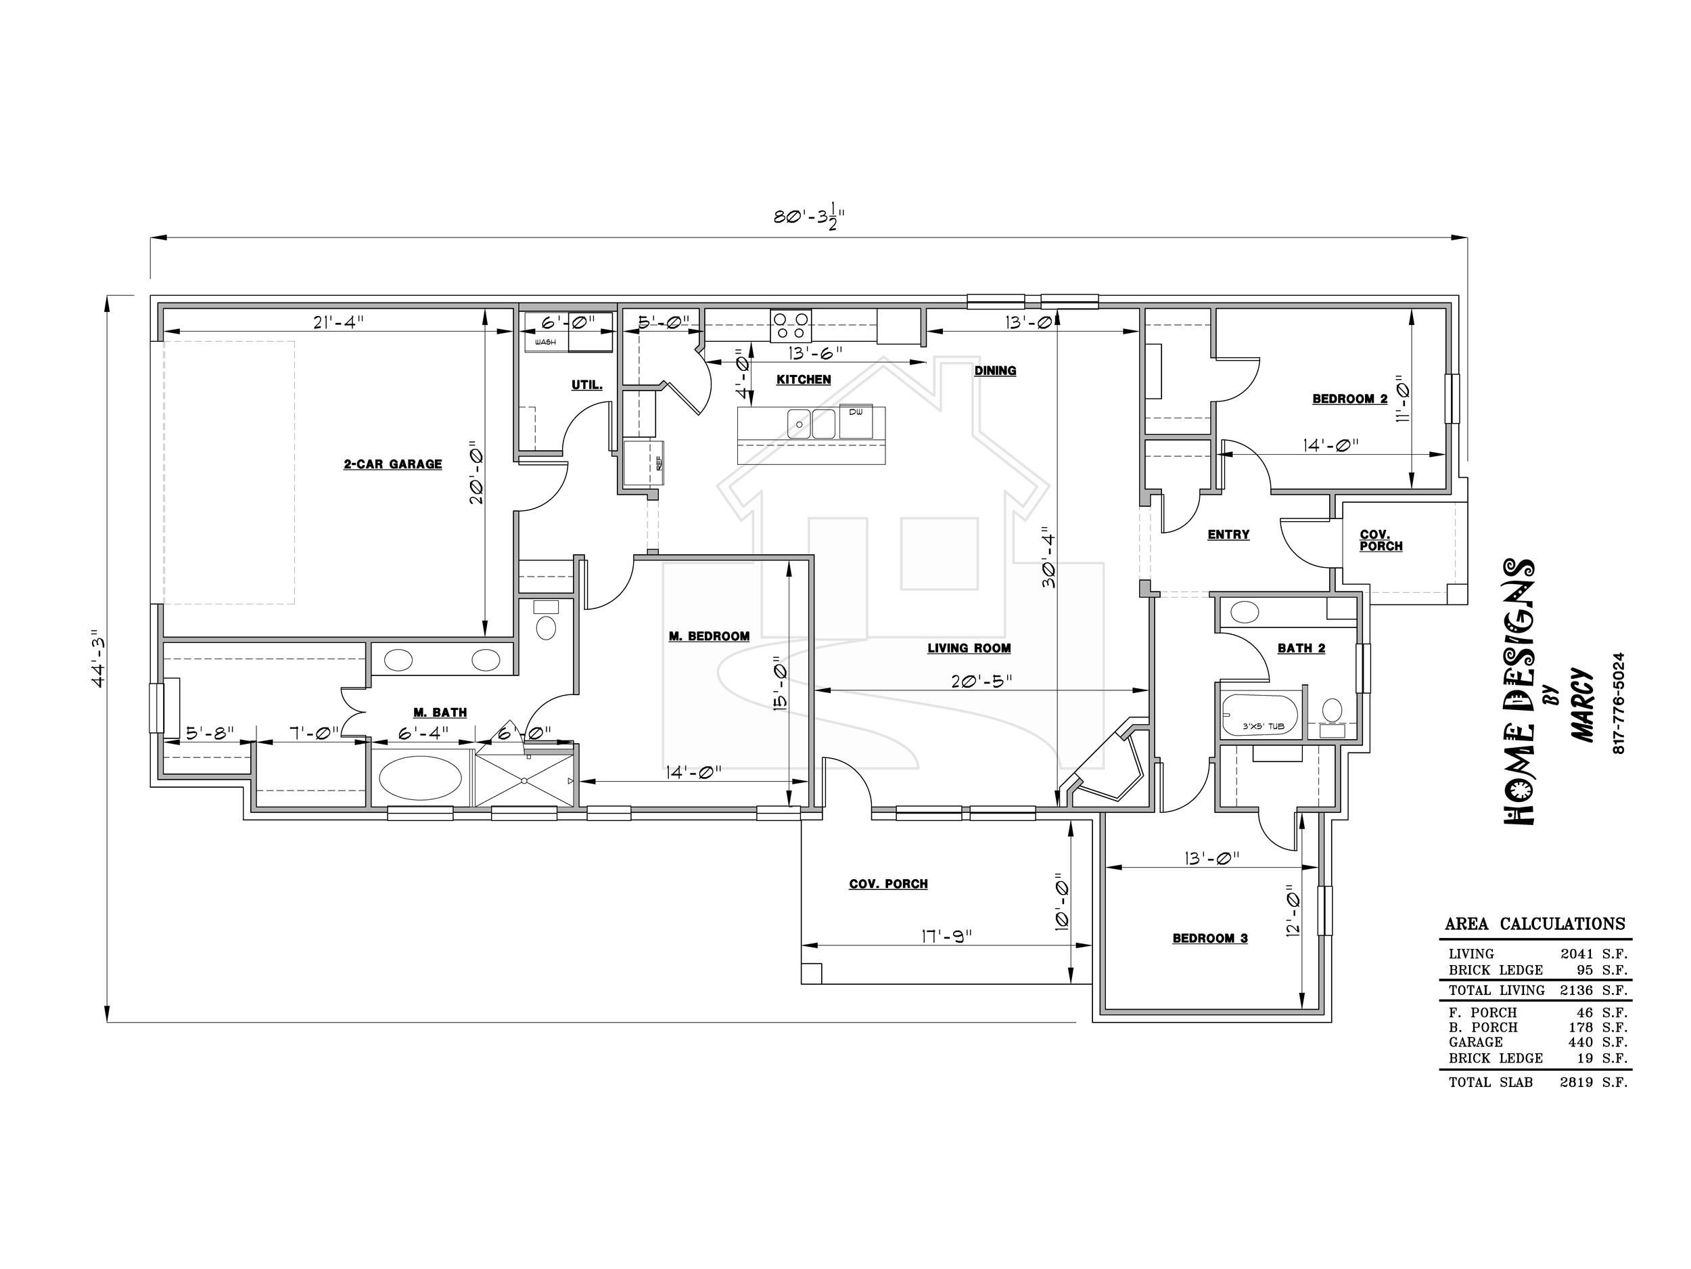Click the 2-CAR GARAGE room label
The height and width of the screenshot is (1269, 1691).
tap(393, 464)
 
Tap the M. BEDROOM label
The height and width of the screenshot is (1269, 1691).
tap(709, 636)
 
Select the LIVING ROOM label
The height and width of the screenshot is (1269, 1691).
tap(969, 648)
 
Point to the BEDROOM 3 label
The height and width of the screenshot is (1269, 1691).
tap(1210, 939)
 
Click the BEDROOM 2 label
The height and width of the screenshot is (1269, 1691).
tap(1350, 399)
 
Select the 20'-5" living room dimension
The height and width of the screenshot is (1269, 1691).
tap(981, 681)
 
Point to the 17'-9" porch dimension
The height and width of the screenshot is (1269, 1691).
tap(946, 936)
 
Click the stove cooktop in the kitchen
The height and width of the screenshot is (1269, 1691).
tap(791, 326)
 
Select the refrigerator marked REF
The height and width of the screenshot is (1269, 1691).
tap(643, 463)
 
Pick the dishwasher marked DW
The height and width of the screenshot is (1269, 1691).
tap(856, 422)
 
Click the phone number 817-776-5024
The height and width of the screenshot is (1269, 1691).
tap(1619, 703)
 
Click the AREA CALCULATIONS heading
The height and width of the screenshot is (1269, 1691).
tap(1535, 924)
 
